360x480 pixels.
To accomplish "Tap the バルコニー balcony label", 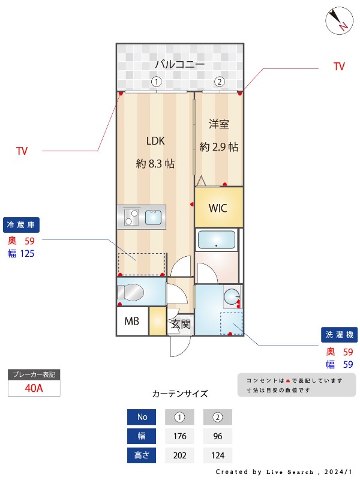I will (180, 64).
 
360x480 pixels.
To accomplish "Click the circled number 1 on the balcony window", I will (156, 82).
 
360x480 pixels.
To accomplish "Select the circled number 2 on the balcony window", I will (220, 82).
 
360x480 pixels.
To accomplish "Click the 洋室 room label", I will (219, 124).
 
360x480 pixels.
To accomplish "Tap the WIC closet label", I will (218, 208).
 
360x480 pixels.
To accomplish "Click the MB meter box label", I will (131, 321).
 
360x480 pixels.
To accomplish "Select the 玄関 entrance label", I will (181, 325).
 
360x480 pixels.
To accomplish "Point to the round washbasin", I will (232, 295).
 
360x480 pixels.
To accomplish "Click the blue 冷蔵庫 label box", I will (22, 224).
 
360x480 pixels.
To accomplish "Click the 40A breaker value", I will (34, 388).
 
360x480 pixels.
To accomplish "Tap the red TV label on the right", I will (339, 67).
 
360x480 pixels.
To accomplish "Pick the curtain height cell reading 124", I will (217, 455).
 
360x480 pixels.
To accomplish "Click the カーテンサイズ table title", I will (180, 394).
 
